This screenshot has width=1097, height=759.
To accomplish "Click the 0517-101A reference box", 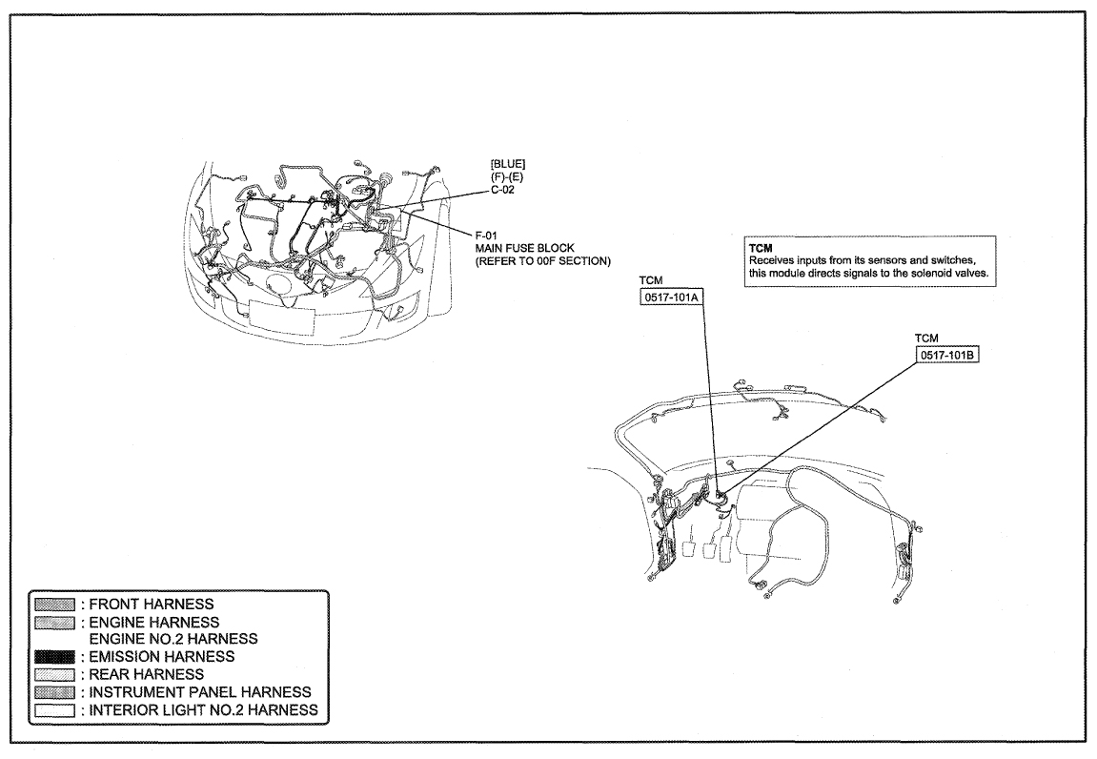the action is pyautogui.click(x=671, y=297).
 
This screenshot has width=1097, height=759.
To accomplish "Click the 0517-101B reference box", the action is pyautogui.click(x=946, y=355).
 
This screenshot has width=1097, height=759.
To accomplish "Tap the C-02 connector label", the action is pyautogui.click(x=502, y=190).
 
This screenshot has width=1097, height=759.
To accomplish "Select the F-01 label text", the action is pyautogui.click(x=486, y=236).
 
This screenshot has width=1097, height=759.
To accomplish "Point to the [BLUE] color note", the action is pyautogui.click(x=508, y=164).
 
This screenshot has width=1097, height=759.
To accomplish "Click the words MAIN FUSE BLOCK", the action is pyautogui.click(x=525, y=248).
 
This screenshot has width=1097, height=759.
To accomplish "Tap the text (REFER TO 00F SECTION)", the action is pyautogui.click(x=543, y=261).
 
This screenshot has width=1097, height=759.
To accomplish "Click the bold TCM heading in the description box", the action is pyautogui.click(x=761, y=248).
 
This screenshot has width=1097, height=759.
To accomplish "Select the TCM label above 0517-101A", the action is pyautogui.click(x=651, y=280).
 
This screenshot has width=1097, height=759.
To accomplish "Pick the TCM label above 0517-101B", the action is pyautogui.click(x=926, y=338).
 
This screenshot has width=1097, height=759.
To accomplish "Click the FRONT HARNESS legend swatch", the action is pyautogui.click(x=54, y=605).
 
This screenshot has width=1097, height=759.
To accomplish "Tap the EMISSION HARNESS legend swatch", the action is pyautogui.click(x=54, y=657).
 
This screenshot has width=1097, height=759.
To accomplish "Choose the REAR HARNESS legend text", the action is pyautogui.click(x=146, y=674).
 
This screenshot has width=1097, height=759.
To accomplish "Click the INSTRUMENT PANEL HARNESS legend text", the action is pyautogui.click(x=200, y=692).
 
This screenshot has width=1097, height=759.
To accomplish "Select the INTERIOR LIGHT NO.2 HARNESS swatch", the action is pyautogui.click(x=54, y=710).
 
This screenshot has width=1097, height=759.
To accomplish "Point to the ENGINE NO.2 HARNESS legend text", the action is pyautogui.click(x=173, y=639).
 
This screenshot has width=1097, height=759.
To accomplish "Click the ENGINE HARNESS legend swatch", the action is pyautogui.click(x=54, y=622).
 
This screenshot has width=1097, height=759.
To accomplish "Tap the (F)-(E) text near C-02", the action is pyautogui.click(x=506, y=177).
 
